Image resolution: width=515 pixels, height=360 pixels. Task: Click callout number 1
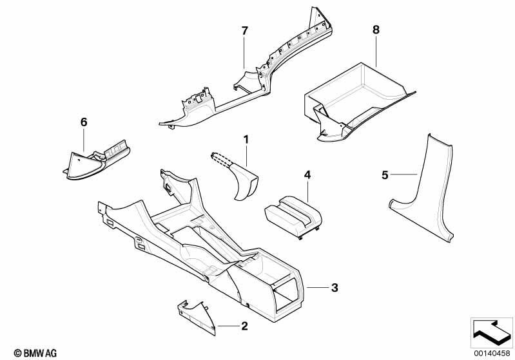[x=245, y=138]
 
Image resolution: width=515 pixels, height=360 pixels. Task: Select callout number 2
[x=244, y=327]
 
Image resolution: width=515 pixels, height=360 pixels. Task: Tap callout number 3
[x=335, y=287]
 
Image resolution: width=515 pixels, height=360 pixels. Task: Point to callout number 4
[x=307, y=175]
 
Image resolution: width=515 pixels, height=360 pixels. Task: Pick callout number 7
[x=244, y=31]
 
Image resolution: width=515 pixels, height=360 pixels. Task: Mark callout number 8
[x=376, y=29]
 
